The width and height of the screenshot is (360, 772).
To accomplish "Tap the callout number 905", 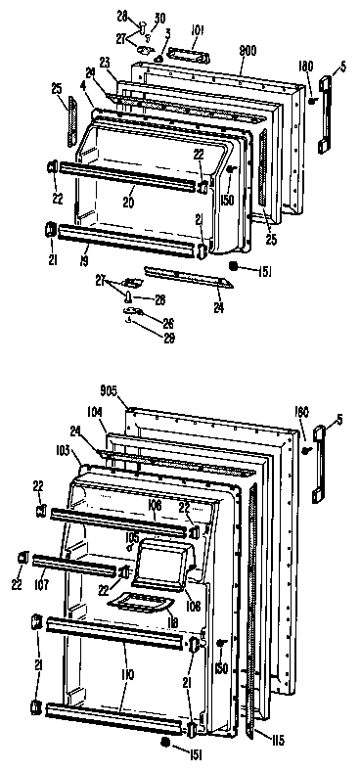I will tap(107, 391).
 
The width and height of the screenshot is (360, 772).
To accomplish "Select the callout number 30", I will tap(160, 19).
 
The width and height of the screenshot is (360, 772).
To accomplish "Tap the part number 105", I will tap(132, 537).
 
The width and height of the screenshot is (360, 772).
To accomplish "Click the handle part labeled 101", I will tap(185, 60).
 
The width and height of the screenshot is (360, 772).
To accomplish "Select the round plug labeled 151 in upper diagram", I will tap(234, 265).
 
